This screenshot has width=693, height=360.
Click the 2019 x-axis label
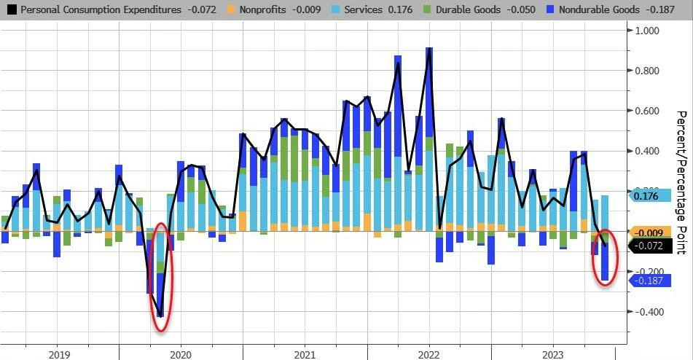tap(60, 353)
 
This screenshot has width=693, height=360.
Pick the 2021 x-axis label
tap(305, 353)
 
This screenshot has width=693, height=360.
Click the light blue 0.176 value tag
tap(648, 196)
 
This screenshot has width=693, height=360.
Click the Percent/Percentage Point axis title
tap(682, 182)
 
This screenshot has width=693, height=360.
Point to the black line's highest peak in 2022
tap(429, 49)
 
